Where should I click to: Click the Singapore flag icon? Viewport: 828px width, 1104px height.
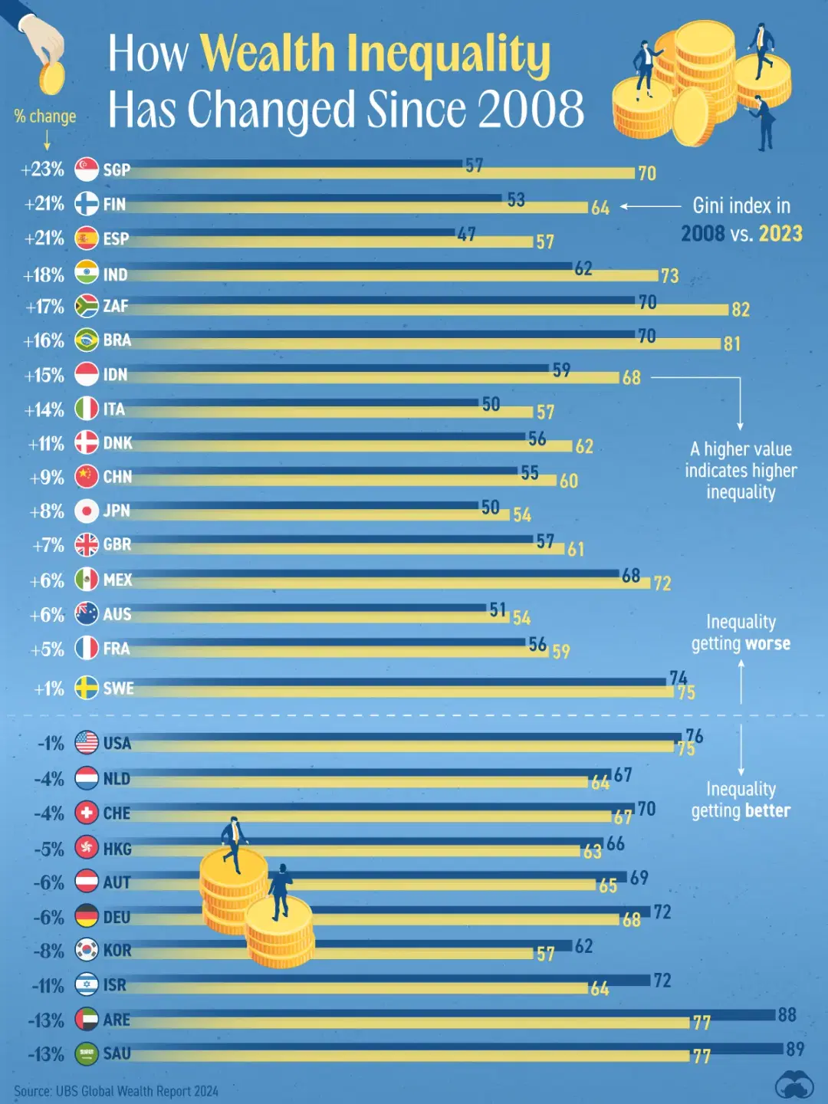click(87, 169)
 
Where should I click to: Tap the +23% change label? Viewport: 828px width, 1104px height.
click(43, 169)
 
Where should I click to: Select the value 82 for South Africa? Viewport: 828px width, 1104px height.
click(740, 309)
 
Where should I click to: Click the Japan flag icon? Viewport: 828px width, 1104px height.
click(87, 511)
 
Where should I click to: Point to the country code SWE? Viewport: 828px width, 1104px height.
click(118, 688)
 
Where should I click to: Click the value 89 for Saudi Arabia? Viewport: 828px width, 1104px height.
click(795, 1049)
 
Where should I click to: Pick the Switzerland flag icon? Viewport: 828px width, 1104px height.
click(87, 813)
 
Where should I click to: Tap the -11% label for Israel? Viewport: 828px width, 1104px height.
click(48, 986)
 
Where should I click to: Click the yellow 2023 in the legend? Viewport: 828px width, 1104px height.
click(780, 233)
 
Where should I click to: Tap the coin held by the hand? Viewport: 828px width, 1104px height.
click(51, 78)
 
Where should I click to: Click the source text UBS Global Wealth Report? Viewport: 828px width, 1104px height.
click(136, 1091)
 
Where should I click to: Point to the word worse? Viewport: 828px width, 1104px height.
click(761, 644)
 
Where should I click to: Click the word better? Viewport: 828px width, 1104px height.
click(764, 811)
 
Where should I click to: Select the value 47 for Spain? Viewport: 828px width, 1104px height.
click(466, 235)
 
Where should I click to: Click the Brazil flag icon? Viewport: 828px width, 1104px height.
click(87, 340)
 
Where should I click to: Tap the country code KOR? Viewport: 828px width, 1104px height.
click(117, 951)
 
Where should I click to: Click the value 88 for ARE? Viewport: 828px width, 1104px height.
click(787, 1015)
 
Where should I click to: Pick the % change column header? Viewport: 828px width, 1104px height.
click(45, 117)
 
